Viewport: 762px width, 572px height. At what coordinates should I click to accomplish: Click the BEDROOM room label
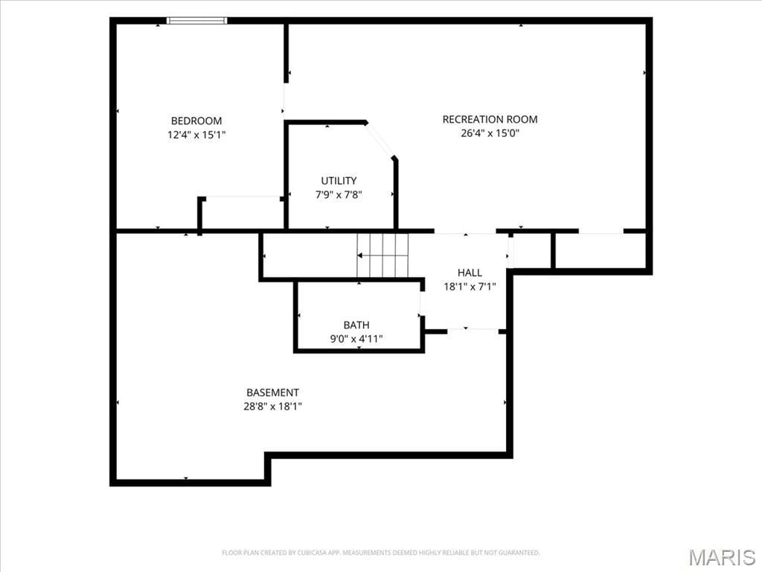pos(196,121)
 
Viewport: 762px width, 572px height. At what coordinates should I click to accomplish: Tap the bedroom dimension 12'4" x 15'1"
pos(196,135)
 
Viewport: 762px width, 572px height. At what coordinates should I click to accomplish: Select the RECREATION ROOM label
pos(490,119)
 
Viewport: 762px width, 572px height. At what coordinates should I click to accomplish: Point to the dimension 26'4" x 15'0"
pos(490,133)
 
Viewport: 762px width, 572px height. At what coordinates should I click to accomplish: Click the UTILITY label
pos(339,181)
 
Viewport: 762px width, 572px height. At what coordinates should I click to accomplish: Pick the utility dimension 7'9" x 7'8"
pos(339,195)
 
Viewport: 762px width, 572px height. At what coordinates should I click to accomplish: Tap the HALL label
pos(470,273)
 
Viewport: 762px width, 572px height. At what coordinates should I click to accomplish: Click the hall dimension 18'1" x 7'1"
pos(470,287)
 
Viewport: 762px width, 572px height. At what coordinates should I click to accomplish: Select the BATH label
pos(356,325)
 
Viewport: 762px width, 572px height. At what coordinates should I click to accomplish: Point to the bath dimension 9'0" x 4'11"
pos(356,339)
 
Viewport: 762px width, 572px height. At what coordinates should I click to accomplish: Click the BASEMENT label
pos(272,393)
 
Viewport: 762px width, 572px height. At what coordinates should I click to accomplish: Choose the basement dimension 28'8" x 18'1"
pos(272,406)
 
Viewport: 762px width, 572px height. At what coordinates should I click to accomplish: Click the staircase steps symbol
pos(383,255)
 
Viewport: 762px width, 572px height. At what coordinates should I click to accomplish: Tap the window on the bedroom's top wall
pos(196,20)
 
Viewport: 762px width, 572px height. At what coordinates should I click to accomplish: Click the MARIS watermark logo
pos(721,557)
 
